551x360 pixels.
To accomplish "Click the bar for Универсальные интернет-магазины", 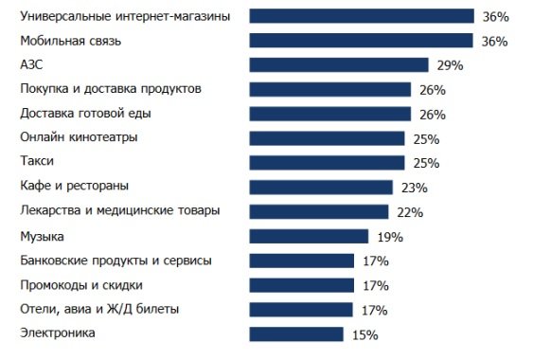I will pos(361,16).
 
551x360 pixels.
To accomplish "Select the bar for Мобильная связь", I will pos(361,41).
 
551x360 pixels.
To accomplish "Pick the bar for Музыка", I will pos(309,236).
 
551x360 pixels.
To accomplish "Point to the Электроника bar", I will pos(296,333).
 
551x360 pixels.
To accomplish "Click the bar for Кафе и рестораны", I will pos(321,187).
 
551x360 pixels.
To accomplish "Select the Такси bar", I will pos(327,163).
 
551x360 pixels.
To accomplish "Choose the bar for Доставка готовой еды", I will pos(329,114).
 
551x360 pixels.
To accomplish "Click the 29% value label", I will pos(450,65).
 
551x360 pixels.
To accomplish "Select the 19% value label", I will pos(390,237).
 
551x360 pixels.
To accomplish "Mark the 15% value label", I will pos(364,334).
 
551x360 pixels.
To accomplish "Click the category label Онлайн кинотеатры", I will pos(79,137).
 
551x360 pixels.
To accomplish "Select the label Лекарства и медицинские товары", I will pos(119,210).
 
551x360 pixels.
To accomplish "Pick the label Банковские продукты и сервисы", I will pos(116,260).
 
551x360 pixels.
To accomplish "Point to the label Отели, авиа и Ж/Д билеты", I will pos(99,309).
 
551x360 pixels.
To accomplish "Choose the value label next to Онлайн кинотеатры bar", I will pos(426,139).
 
